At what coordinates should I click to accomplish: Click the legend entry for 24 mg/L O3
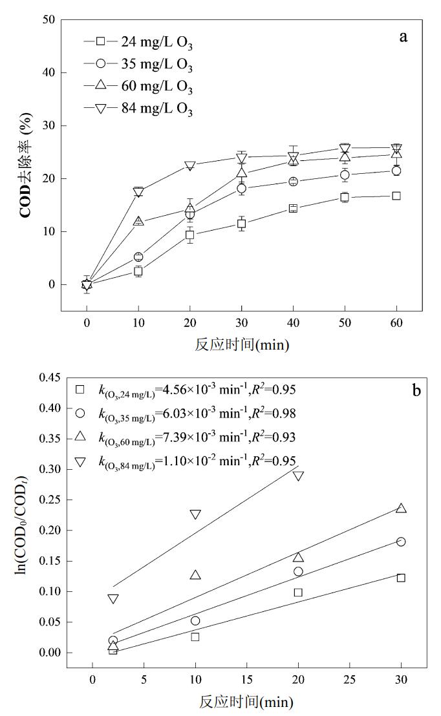tap(138, 43)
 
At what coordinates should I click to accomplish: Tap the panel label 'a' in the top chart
tap(403, 36)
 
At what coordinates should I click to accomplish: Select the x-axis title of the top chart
tap(242, 344)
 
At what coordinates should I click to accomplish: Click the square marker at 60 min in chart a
tap(396, 196)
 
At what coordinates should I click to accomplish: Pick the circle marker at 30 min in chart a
tap(241, 189)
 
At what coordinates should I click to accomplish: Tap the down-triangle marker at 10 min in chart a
tap(138, 192)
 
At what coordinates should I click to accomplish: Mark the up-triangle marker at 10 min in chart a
tap(138, 221)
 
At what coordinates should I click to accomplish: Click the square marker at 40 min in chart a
tap(293, 208)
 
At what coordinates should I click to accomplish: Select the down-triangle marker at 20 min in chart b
tap(298, 476)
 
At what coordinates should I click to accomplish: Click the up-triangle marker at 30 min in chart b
tap(401, 508)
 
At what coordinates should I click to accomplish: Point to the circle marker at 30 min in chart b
tap(401, 542)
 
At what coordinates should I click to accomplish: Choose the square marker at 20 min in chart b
tap(298, 592)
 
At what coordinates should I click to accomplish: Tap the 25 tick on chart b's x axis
tap(349, 680)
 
